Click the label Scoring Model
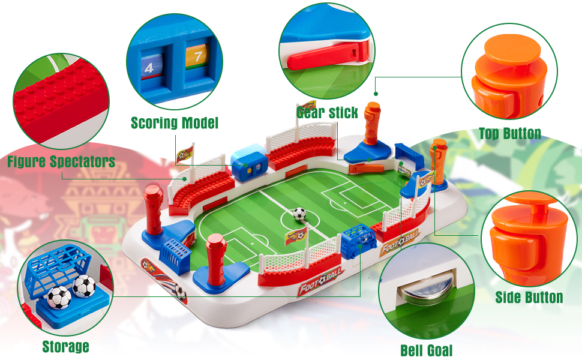[175, 123]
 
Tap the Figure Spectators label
[61, 161]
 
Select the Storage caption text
[65, 346]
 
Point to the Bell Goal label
[427, 350]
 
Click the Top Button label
[509, 133]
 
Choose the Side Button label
[529, 297]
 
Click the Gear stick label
[328, 112]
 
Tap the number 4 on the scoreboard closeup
[149, 68]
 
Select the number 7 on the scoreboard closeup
[198, 56]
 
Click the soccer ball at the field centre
[299, 214]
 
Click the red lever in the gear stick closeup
[326, 56]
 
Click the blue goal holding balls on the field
[358, 241]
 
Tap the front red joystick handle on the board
[217, 259]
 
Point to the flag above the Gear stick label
[307, 106]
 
